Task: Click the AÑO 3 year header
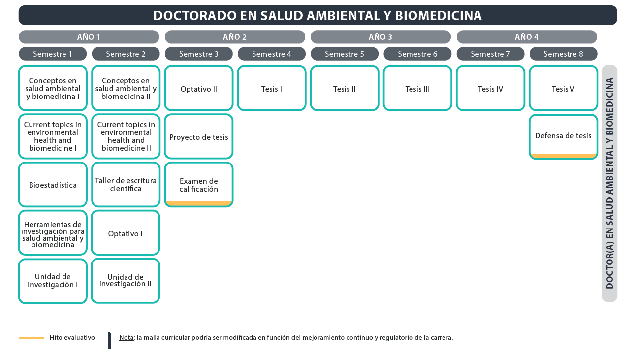click(380, 37)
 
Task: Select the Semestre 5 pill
click(345, 54)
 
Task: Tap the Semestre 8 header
click(563, 54)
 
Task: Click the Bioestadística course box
click(53, 185)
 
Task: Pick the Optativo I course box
click(126, 233)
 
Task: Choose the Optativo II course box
click(199, 88)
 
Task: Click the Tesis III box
click(417, 88)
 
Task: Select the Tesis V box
click(563, 88)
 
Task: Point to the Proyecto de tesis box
click(199, 136)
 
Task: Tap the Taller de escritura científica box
click(126, 185)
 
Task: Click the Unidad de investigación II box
click(126, 281)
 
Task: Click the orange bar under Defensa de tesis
click(563, 156)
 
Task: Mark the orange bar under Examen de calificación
click(199, 203)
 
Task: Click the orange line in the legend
click(32, 338)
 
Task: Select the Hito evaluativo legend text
click(72, 338)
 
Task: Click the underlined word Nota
click(127, 338)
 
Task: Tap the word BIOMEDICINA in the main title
click(438, 16)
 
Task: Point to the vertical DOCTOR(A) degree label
click(610, 183)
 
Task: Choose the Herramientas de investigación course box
click(53, 233)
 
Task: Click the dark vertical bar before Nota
click(109, 340)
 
